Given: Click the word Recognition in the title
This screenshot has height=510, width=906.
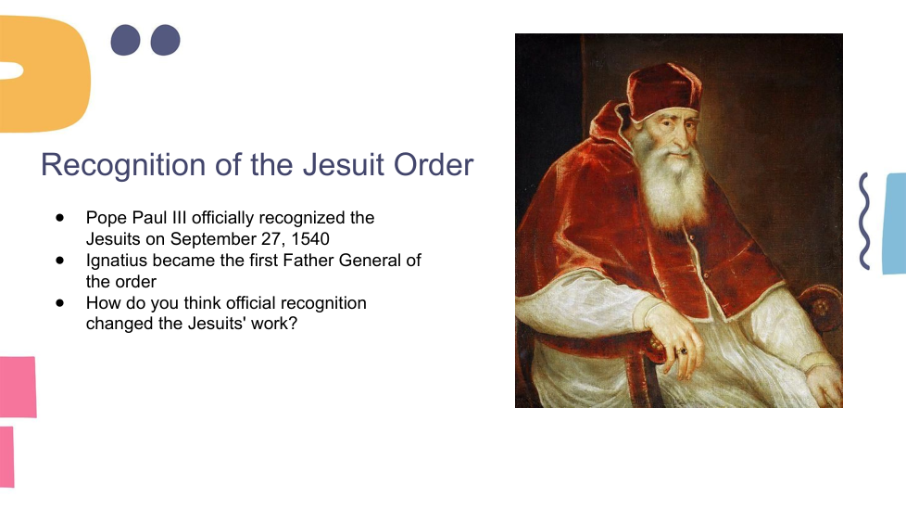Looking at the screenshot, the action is click(x=123, y=165).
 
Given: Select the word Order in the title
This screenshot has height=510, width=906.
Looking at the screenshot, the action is click(x=434, y=164).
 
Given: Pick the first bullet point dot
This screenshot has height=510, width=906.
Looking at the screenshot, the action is click(x=60, y=218).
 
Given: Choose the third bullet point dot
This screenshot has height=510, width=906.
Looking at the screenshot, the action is click(x=60, y=303).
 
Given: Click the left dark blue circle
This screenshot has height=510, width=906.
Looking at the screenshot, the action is click(x=125, y=40).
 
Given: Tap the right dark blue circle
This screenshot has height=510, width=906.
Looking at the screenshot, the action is click(x=165, y=40).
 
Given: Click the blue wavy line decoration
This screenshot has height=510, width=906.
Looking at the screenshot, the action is click(x=864, y=221).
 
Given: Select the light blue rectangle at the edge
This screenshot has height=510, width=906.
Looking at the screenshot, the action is click(x=895, y=223).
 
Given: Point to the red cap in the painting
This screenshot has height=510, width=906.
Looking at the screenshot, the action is click(x=663, y=92).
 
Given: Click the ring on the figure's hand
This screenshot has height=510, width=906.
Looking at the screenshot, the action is click(x=683, y=351).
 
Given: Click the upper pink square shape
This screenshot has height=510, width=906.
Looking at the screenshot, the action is click(x=18, y=387).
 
